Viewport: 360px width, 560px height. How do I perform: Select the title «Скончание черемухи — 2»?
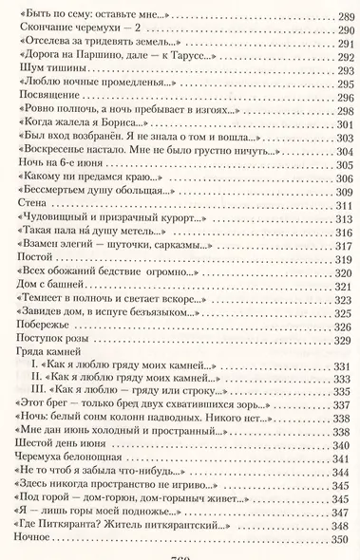click(65, 32)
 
